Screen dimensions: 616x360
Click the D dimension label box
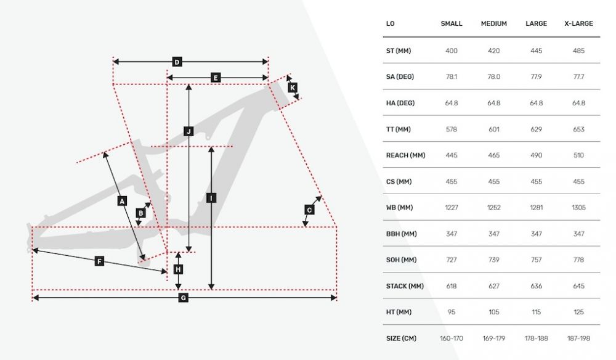tap(177, 62)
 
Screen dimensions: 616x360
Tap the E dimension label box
tap(215, 78)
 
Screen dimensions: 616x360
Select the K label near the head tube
tap(292, 88)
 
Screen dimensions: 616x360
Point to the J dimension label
tap(188, 131)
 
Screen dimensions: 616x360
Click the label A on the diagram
tap(122, 201)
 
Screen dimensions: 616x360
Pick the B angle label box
tap(140, 213)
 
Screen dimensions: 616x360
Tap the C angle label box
tap(309, 210)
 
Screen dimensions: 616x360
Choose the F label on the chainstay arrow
tap(99, 261)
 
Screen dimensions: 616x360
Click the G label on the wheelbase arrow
tap(183, 298)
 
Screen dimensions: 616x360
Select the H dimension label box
tap(179, 269)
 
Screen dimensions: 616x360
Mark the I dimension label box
tap(211, 198)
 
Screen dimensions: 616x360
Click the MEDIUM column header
tap(494, 23)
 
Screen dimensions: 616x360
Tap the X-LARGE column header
tap(578, 23)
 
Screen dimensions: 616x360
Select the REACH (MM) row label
tap(405, 155)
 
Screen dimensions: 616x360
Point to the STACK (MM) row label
tap(405, 286)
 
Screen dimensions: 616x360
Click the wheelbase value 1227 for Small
tap(452, 208)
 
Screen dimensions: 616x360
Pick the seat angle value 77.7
tap(578, 76)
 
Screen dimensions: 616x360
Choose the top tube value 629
tap(537, 129)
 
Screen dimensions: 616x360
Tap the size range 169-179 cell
tap(494, 338)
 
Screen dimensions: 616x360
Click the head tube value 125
tap(578, 312)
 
